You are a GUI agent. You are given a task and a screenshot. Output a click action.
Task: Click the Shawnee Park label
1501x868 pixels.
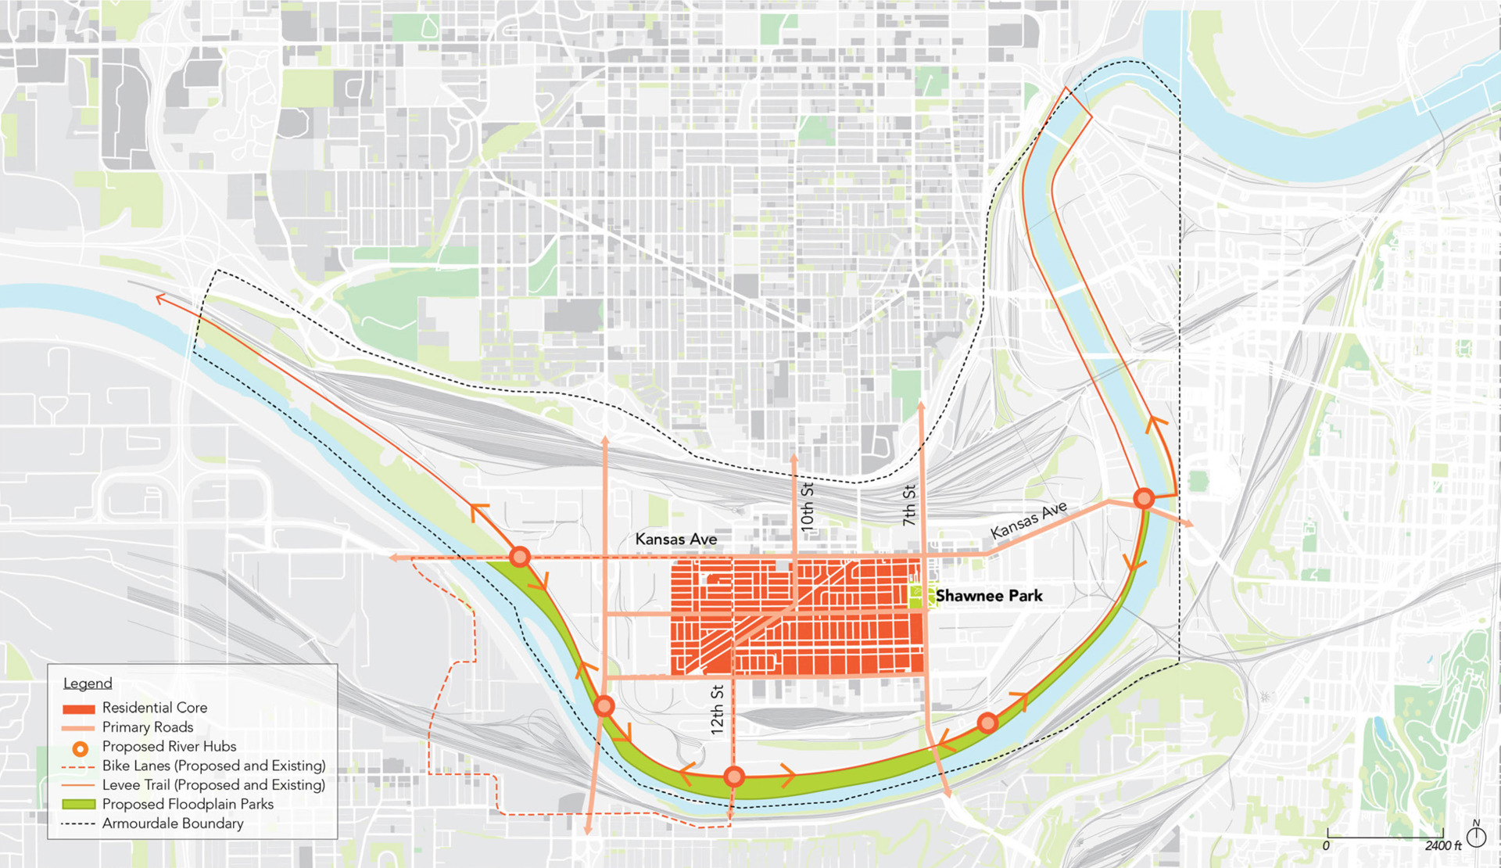coord(988,596)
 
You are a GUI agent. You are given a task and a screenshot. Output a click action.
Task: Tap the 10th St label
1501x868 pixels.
coord(807,508)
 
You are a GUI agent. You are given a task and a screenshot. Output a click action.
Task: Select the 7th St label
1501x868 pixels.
coord(908,505)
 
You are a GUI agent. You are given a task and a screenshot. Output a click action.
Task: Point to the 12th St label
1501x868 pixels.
coord(717,709)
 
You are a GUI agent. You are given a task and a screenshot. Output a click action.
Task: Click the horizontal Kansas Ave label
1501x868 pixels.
coord(675,539)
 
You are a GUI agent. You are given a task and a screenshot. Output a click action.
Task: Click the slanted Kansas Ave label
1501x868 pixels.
coord(1028,521)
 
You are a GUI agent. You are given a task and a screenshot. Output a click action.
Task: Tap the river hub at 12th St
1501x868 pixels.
coord(733,777)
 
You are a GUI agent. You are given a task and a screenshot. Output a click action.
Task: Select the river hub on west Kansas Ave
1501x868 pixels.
coord(520,557)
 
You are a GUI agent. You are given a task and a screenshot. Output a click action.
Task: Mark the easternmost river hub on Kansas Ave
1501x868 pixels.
coord(1144,498)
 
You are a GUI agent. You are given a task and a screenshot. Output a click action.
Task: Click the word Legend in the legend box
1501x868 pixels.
coord(88,683)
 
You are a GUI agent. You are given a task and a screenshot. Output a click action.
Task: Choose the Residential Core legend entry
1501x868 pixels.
coord(154,708)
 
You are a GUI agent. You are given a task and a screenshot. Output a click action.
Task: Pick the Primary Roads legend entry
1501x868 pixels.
coord(147,727)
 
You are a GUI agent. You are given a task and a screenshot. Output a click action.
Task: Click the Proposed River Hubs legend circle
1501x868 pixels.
coord(80,748)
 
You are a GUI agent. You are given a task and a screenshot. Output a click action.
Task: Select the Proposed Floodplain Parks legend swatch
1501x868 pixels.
coord(78,804)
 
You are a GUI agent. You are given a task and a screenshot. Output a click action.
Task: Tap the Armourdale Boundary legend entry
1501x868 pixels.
coord(172,823)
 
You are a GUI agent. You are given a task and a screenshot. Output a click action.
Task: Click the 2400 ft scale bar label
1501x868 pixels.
coord(1442,845)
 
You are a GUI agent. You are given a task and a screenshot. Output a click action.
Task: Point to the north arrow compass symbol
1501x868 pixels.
coord(1476,836)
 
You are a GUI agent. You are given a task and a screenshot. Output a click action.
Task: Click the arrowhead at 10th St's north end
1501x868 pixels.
coord(794,457)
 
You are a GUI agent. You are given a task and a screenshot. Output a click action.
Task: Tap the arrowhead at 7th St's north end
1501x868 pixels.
coord(922,406)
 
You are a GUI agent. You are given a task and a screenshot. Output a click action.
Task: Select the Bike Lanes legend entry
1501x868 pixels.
coord(213,766)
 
